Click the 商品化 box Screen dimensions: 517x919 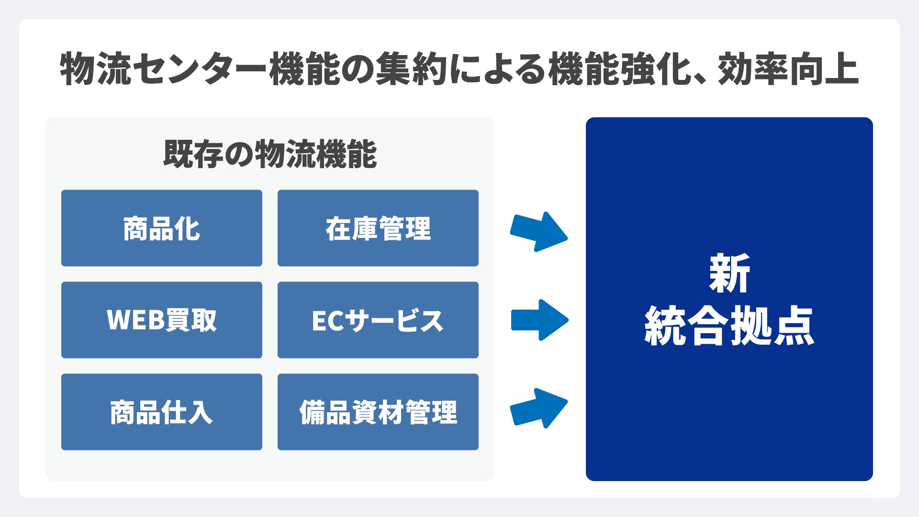162,228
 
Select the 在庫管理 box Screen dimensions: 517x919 378,228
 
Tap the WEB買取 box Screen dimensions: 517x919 162,320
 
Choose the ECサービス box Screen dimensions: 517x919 378,320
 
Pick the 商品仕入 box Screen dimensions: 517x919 162,412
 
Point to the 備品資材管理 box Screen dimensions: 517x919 378,412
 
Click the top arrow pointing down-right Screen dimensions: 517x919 539,232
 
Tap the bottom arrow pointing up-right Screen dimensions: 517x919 539,408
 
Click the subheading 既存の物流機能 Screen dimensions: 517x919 270,154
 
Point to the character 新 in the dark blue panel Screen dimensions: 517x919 729,274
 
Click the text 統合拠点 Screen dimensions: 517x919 729,326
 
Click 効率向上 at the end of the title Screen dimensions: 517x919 788,70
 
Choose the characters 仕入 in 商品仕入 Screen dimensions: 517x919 187,412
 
